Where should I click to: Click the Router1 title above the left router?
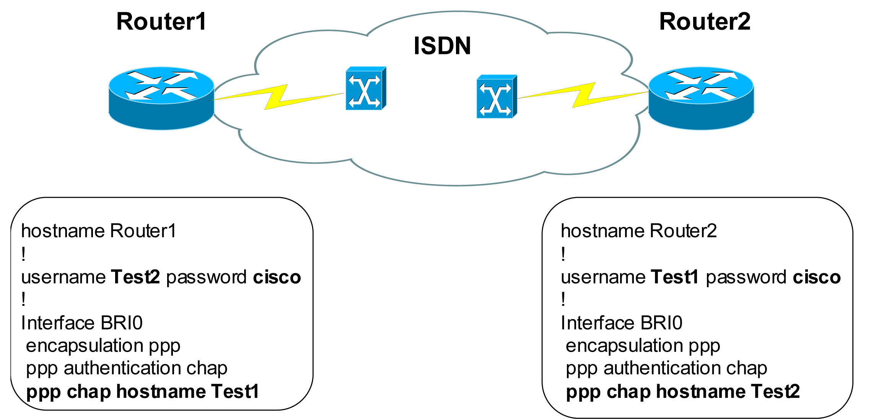tap(161, 21)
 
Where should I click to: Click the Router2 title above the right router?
tap(705, 21)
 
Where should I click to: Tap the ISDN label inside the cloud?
tap(442, 46)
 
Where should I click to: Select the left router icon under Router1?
tap(161, 98)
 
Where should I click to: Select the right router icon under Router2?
tap(701, 98)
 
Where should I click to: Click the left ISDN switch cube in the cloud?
tap(365, 89)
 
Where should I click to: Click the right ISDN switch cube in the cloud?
tap(496, 97)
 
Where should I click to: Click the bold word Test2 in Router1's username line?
tap(135, 277)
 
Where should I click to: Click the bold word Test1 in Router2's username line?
tap(675, 277)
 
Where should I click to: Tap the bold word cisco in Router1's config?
tap(277, 277)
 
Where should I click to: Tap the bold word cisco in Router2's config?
tap(817, 277)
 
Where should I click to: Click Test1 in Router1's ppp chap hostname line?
tap(235, 391)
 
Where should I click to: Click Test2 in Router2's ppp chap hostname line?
tap(775, 391)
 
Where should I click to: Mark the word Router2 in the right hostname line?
tap(683, 231)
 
